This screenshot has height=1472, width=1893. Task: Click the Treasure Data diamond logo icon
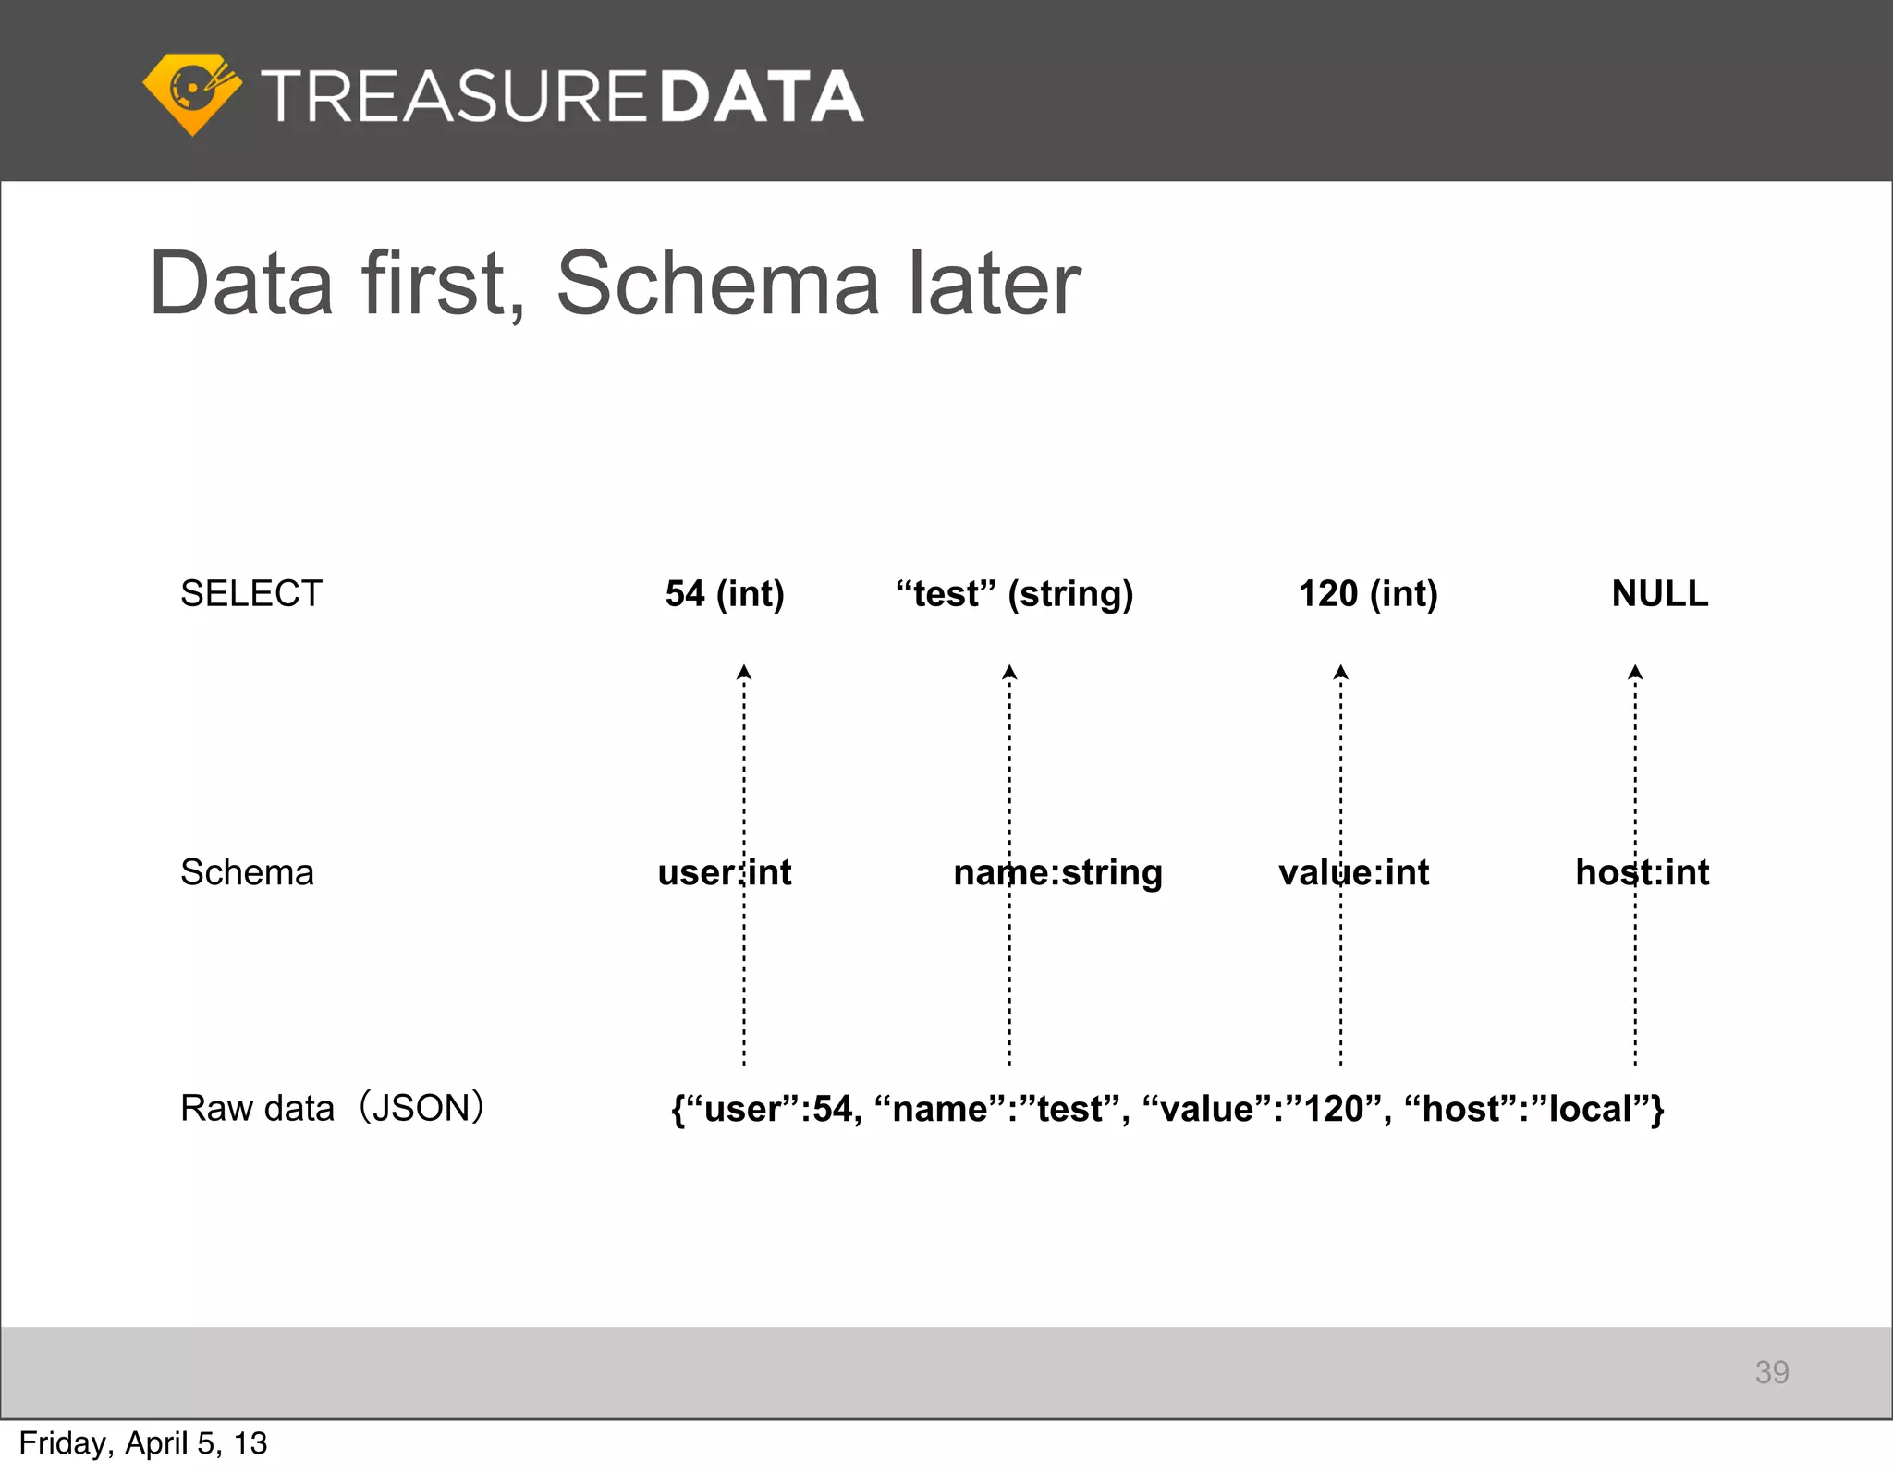tap(192, 93)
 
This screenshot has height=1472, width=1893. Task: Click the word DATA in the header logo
tap(762, 96)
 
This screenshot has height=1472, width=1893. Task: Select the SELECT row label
tap(251, 593)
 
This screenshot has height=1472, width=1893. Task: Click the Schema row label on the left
tap(247, 872)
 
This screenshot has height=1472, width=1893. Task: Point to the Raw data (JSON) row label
tap(332, 1108)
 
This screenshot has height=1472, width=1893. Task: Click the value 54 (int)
tap(725, 593)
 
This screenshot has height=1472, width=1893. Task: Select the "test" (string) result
tap(1014, 593)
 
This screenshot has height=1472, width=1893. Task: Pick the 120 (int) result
tap(1368, 593)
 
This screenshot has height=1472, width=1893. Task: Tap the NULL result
tap(1660, 593)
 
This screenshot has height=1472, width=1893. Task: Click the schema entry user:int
tap(725, 872)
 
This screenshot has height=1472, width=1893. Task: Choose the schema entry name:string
tap(1057, 872)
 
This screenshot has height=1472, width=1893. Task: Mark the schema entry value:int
tap(1353, 872)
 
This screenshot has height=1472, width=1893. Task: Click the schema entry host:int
tap(1643, 872)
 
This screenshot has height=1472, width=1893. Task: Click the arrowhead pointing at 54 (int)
tap(744, 672)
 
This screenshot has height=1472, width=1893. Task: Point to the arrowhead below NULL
tap(1635, 672)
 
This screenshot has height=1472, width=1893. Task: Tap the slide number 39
tap(1772, 1372)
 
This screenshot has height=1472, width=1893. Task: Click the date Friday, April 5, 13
tap(143, 1443)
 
